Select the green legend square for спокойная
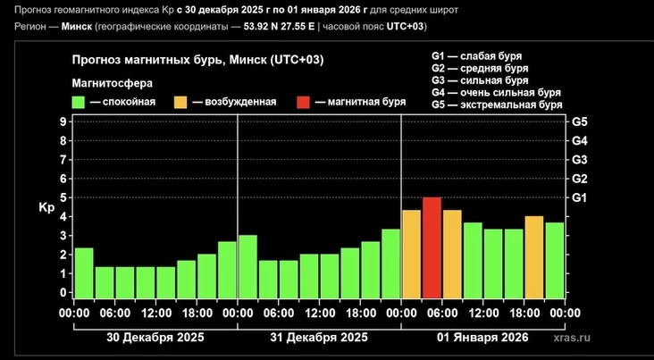80,102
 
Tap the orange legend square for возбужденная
181,102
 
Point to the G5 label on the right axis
579,121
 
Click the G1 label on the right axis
579,197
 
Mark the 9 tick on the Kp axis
63,121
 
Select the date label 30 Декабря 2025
155,338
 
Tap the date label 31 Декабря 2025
319,338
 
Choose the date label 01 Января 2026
482,338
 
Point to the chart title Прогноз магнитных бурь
197,60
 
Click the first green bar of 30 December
84,272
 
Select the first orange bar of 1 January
411,254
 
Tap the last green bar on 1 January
554,260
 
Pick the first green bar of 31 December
247,266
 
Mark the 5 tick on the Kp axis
63,197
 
